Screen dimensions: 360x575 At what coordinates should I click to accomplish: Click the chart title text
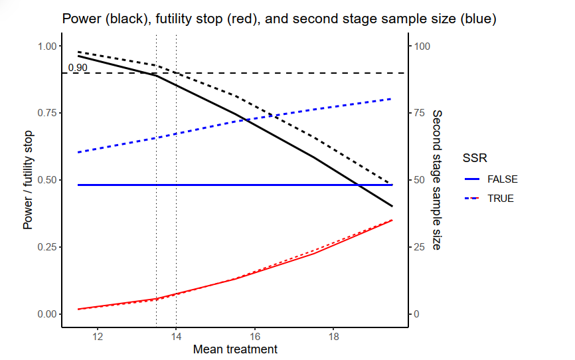tap(280, 19)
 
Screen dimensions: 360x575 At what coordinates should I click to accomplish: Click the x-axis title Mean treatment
tap(235, 349)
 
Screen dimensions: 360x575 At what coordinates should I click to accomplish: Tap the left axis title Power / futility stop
tap(28, 180)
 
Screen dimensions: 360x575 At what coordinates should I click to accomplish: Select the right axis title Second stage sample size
tap(437, 180)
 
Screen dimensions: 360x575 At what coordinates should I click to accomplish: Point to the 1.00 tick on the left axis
tap(48, 46)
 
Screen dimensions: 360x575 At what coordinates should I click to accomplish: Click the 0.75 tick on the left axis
tap(48, 114)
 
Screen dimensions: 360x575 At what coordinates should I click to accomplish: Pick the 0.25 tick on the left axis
tap(48, 247)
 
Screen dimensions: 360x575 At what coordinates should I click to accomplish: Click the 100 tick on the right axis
tap(422, 46)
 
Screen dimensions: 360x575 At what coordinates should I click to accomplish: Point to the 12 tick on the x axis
tap(97, 336)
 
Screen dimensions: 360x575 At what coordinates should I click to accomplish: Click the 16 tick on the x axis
tap(255, 336)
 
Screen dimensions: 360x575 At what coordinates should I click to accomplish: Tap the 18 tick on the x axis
tap(334, 336)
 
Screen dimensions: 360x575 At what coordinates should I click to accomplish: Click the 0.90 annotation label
tap(78, 68)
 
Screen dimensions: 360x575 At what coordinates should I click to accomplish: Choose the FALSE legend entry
tap(502, 179)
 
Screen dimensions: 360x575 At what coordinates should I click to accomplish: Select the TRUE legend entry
tap(500, 199)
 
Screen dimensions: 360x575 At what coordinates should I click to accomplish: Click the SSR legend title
tap(474, 157)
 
